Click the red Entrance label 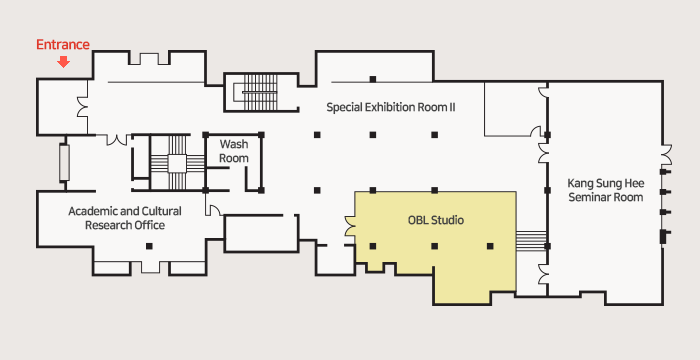[63, 45]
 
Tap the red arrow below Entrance [64, 62]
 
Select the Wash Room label [233, 151]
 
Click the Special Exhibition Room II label [391, 107]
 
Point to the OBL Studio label [436, 220]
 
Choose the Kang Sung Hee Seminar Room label [606, 190]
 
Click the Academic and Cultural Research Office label [125, 218]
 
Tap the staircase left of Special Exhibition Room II [260, 92]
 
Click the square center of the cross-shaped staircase [177, 163]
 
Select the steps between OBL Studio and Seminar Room [531, 241]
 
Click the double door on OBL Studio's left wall [350, 226]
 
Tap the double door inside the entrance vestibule [83, 107]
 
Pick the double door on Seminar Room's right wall [666, 155]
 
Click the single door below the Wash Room [213, 209]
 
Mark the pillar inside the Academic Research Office [149, 246]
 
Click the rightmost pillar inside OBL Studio [490, 246]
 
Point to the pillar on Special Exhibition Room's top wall [373, 80]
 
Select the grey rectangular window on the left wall [64, 163]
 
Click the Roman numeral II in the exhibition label [452, 107]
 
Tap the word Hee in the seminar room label [636, 184]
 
